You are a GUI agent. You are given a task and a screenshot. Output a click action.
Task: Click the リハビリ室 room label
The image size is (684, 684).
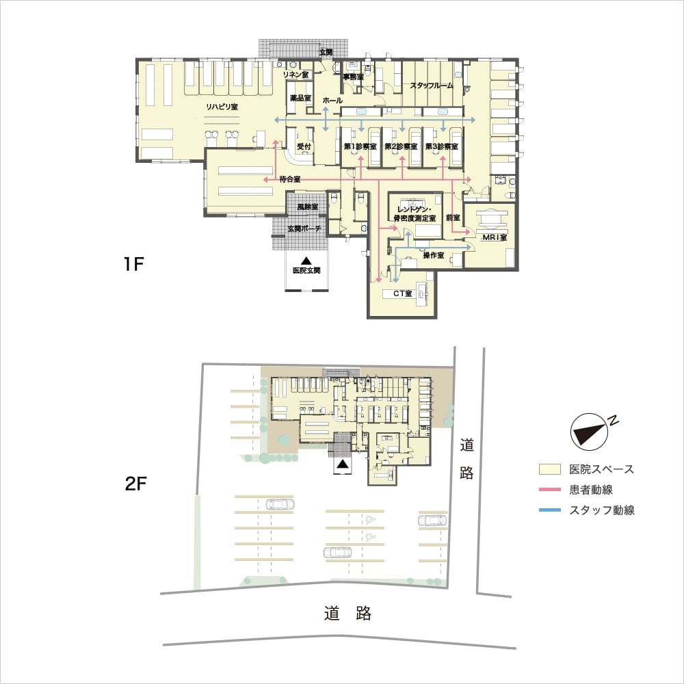222,107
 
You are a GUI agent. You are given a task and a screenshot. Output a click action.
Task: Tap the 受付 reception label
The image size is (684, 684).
304,146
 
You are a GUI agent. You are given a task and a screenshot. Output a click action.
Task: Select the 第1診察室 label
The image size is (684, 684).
360,146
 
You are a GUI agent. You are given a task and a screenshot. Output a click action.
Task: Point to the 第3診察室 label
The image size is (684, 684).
441,146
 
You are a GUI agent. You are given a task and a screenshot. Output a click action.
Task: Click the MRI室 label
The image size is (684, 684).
495,237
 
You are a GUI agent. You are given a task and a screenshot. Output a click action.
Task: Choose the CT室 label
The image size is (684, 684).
403,293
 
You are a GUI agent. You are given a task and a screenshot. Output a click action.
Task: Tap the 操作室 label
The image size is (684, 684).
434,255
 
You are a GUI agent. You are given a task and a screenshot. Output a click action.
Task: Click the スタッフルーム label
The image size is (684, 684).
432,85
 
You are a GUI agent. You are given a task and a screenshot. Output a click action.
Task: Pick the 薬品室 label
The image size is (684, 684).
300,98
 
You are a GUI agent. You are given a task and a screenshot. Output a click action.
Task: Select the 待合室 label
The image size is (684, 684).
290,179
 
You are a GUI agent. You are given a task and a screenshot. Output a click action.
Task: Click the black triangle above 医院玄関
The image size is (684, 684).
306,261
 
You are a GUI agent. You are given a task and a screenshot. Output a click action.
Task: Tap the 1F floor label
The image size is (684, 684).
133,264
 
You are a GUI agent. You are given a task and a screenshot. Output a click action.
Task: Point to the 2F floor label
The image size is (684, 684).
135,484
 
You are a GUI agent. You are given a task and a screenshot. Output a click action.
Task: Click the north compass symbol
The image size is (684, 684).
590,432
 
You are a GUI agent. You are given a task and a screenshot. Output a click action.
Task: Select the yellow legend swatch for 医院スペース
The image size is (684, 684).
550,469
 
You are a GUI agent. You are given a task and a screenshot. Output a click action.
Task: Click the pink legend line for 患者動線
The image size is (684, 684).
550,490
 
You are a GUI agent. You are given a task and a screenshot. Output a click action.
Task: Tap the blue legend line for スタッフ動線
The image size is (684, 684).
550,510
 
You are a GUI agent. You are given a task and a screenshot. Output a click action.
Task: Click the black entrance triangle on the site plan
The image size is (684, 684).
343,464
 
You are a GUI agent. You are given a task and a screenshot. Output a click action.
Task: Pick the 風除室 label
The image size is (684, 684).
308,207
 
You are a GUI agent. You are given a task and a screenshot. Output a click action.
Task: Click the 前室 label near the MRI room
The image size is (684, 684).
453,218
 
